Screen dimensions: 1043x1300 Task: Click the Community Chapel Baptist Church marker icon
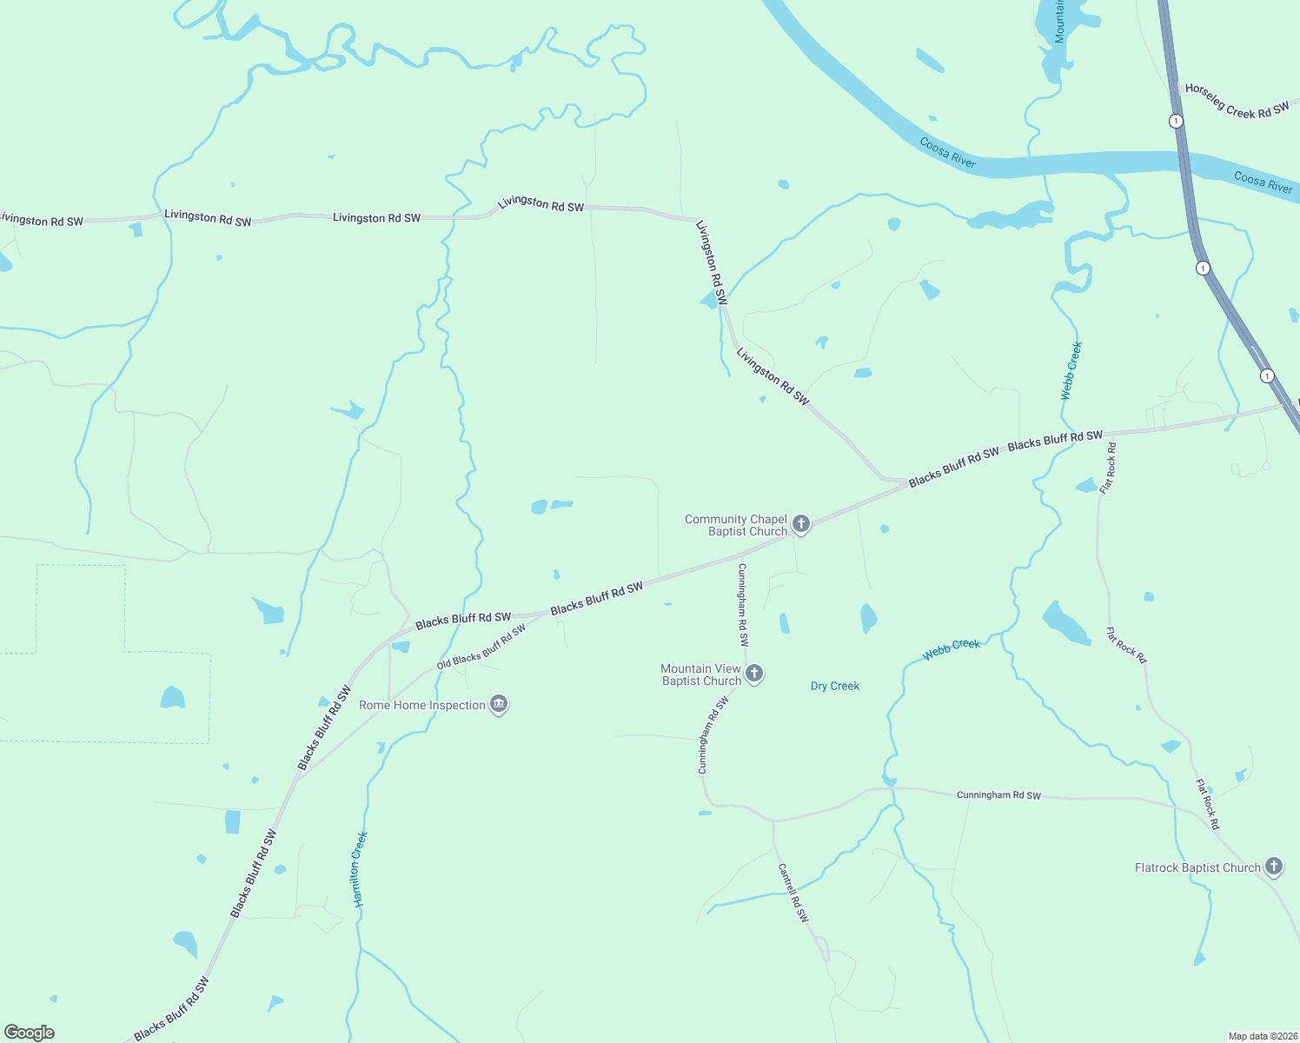pos(801,523)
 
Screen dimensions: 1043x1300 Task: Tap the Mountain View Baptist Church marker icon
pos(754,673)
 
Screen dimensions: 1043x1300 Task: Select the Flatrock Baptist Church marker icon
pos(1273,866)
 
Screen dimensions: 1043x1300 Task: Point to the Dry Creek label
pos(834,686)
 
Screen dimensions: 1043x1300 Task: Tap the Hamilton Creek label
pos(361,869)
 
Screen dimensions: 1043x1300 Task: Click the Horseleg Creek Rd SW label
pos(1237,101)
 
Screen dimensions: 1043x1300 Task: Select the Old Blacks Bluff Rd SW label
pos(481,647)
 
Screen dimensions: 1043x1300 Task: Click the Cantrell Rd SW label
pos(793,892)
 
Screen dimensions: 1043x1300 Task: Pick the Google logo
pos(30,1033)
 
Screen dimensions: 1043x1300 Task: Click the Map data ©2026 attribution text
pos(1262,1036)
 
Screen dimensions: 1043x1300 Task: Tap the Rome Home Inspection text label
pos(422,705)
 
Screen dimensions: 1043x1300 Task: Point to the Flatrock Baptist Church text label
pos(1197,867)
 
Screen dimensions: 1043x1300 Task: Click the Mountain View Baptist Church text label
pos(701,674)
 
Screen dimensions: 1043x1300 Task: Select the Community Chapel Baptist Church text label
pos(736,525)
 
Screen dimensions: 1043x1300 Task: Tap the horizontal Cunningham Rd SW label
pos(998,795)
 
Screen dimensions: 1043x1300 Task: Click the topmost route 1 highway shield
pos(1176,121)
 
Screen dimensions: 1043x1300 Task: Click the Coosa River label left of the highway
pos(947,152)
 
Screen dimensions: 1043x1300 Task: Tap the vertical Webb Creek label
pos(1071,370)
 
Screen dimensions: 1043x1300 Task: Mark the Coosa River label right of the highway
pos(1263,182)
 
